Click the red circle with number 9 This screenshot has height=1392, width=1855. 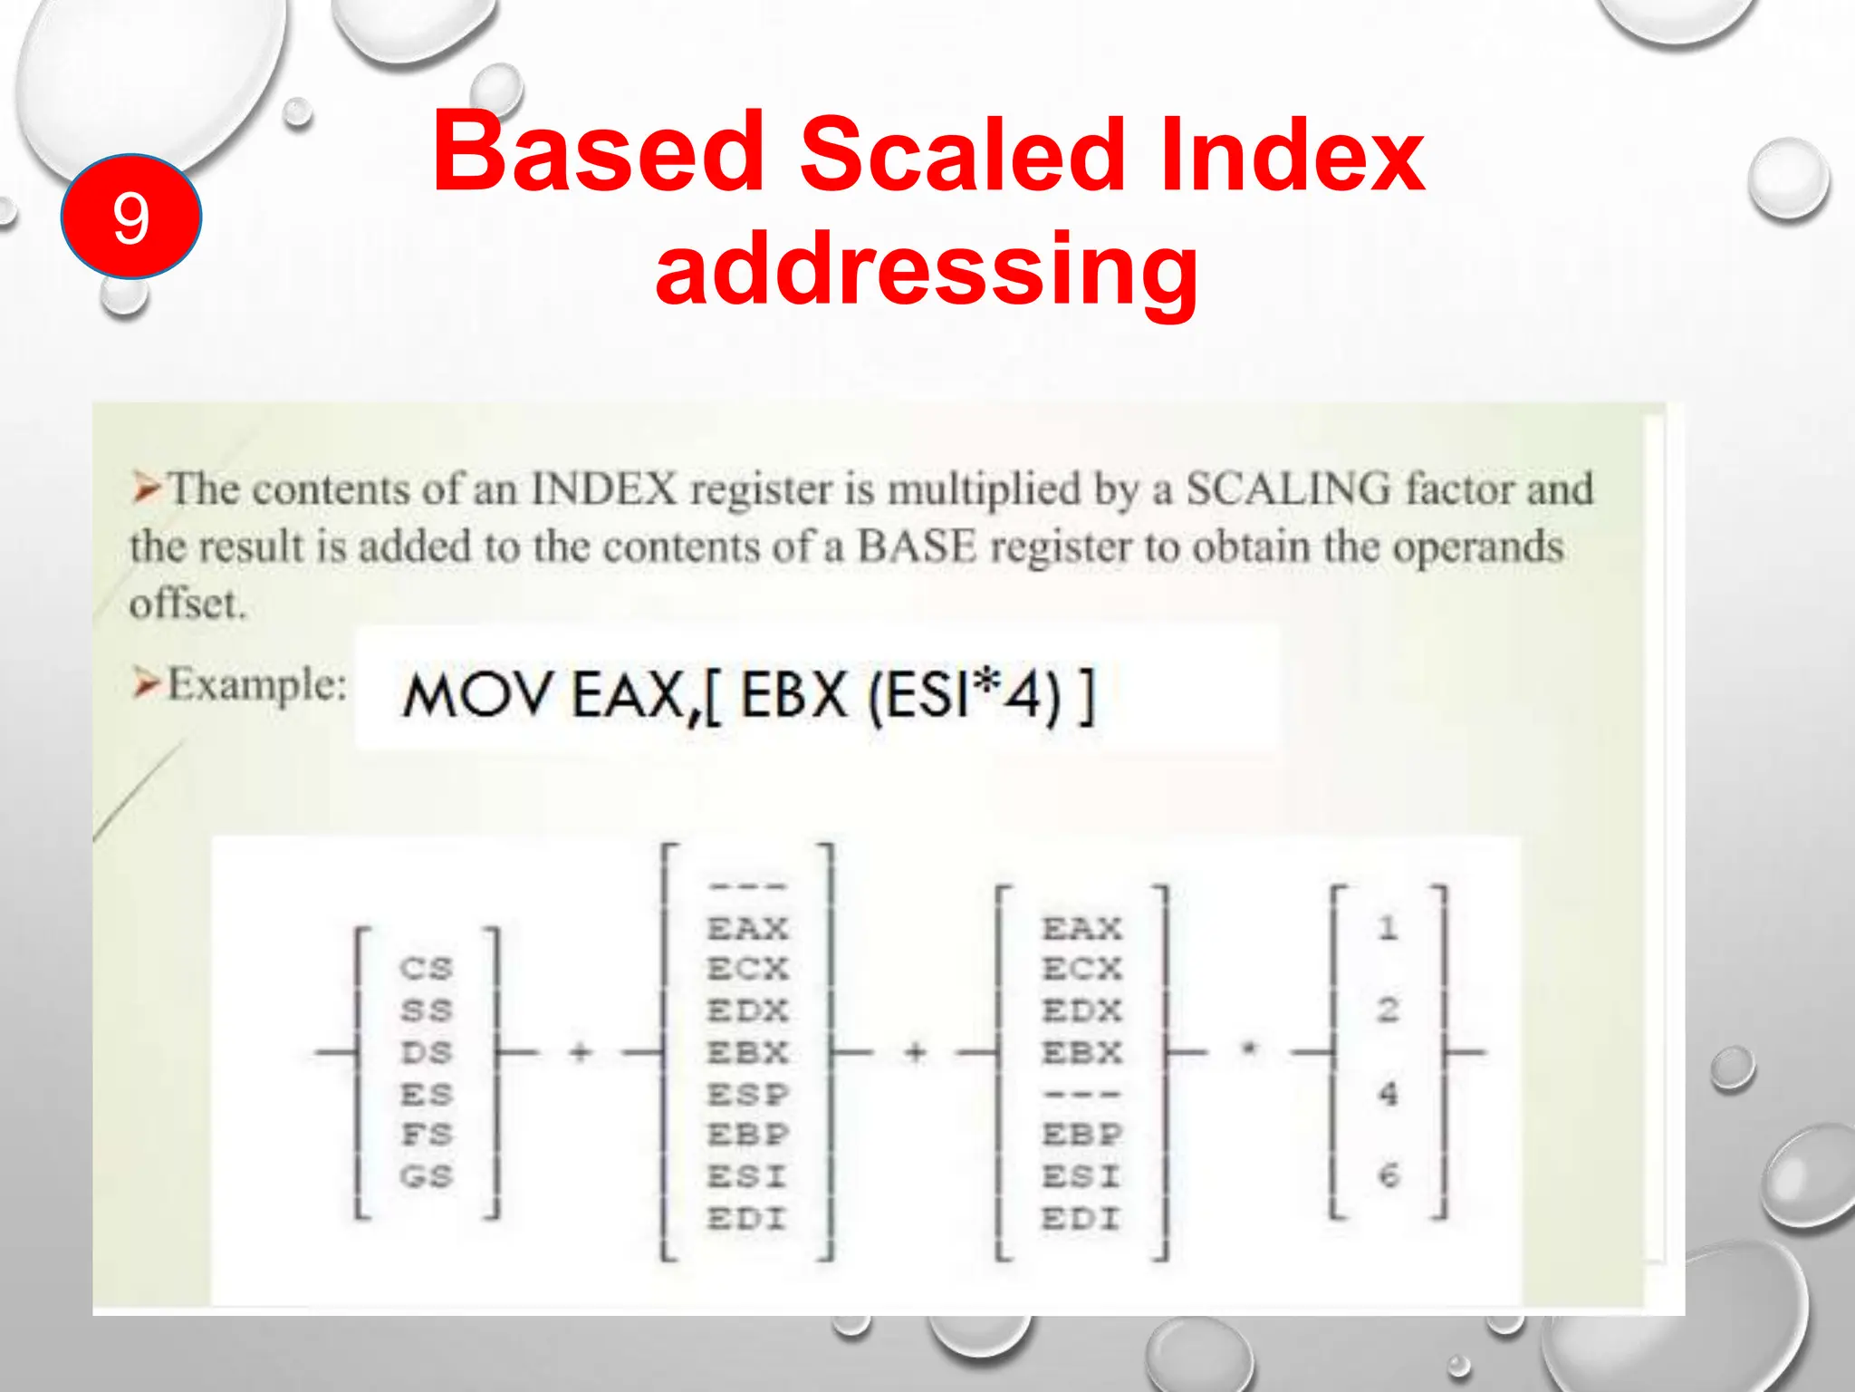(x=130, y=217)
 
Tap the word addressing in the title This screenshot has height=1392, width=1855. (x=927, y=269)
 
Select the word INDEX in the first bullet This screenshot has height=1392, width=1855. (x=603, y=489)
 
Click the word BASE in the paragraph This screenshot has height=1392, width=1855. (x=916, y=546)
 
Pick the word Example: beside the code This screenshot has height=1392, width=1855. (x=257, y=684)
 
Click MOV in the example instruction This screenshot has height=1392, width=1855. (x=476, y=696)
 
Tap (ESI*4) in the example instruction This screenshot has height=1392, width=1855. (x=964, y=696)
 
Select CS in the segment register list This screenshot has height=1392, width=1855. (x=426, y=969)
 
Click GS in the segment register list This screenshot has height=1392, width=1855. (x=426, y=1176)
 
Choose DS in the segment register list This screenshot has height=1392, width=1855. (x=426, y=1052)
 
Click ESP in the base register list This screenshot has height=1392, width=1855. (x=748, y=1094)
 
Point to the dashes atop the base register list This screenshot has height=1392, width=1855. (x=748, y=885)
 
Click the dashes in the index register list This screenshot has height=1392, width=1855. (x=1081, y=1094)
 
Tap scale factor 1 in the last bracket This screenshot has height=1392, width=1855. (x=1388, y=927)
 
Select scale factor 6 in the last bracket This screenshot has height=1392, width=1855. (x=1388, y=1176)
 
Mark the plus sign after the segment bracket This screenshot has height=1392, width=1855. (x=581, y=1052)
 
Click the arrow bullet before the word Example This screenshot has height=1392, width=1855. (x=145, y=684)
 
